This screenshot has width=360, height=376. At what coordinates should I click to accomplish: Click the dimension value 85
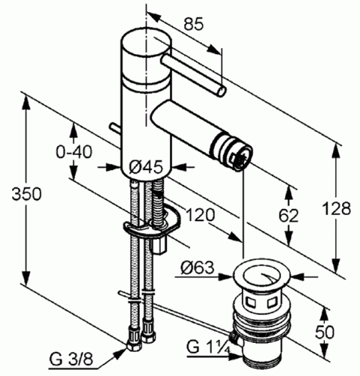[x=193, y=25]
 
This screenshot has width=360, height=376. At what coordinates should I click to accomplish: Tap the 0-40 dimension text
[x=73, y=151]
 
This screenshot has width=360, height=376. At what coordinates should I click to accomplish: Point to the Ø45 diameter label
[x=145, y=167]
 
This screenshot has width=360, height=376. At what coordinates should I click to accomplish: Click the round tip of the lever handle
[x=219, y=92]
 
